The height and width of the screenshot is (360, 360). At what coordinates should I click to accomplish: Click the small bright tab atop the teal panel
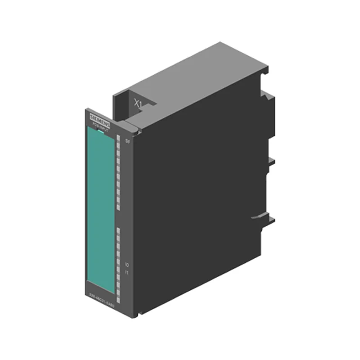click(x=98, y=130)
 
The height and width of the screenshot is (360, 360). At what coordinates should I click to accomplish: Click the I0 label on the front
click(x=127, y=265)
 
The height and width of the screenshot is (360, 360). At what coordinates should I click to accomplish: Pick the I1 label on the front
click(x=127, y=273)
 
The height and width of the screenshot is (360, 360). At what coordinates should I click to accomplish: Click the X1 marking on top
click(x=138, y=103)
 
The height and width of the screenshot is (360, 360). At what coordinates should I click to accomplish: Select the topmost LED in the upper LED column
click(x=118, y=137)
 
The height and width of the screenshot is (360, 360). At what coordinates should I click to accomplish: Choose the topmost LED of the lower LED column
click(x=118, y=230)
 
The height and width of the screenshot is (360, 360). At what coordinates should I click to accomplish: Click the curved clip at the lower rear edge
click(x=261, y=217)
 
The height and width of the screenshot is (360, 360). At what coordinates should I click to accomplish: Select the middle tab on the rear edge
click(x=271, y=161)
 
